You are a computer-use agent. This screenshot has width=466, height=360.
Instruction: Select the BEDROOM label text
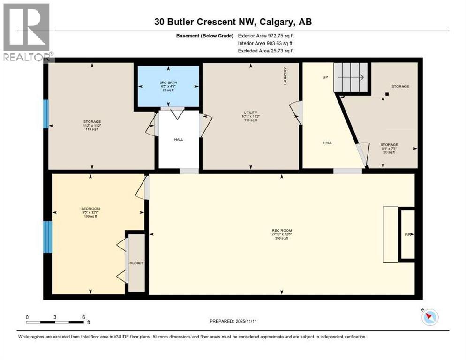click(90, 209)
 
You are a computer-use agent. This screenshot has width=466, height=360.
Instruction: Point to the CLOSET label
click(137, 263)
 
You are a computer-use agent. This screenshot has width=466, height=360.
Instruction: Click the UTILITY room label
click(251, 112)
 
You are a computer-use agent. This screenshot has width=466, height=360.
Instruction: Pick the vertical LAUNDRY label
click(285, 76)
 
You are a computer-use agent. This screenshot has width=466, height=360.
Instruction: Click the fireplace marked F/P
click(407, 233)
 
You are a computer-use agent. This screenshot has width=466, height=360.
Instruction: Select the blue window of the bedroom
click(47, 237)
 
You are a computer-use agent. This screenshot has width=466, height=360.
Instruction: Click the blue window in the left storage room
click(46, 114)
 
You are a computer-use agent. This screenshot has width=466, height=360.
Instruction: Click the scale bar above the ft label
click(55, 322)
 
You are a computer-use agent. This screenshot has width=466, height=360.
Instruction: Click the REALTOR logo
click(27, 33)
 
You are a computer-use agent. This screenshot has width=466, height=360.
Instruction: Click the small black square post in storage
click(387, 94)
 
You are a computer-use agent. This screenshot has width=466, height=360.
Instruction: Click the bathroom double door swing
click(177, 113)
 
